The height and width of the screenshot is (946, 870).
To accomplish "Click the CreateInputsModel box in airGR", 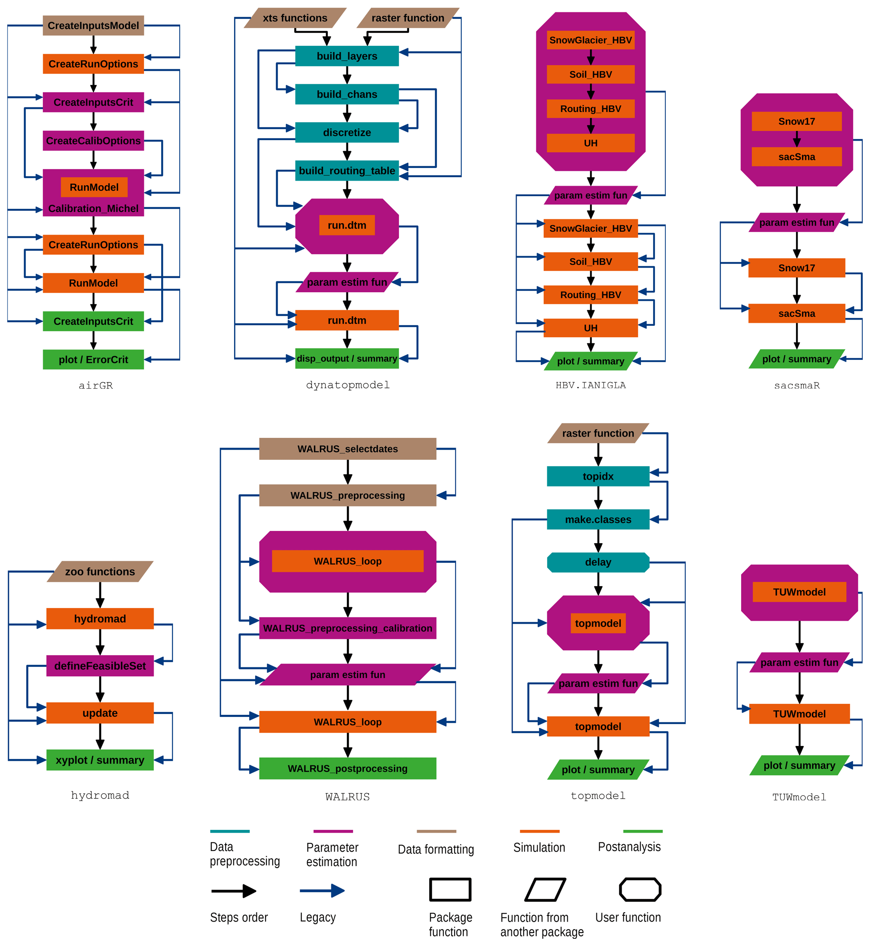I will click(x=93, y=25).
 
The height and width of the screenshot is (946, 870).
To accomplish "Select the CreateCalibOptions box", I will click(x=93, y=141).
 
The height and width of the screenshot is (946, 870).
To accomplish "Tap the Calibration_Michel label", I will click(x=93, y=208).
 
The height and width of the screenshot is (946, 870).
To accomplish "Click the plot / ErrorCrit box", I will click(x=93, y=360).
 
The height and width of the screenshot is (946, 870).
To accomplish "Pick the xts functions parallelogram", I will click(x=295, y=18).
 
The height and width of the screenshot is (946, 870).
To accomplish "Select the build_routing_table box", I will click(x=347, y=171).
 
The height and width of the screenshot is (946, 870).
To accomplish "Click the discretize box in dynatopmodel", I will click(x=347, y=132).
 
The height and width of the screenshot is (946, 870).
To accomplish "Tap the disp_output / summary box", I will click(x=347, y=358).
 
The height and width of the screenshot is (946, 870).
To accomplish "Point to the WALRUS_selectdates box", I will click(x=347, y=449).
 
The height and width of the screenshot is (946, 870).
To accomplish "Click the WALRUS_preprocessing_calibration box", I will click(x=347, y=628).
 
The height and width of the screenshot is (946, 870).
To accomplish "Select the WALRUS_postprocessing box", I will click(x=347, y=768).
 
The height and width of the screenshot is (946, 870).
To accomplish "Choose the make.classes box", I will click(x=598, y=520).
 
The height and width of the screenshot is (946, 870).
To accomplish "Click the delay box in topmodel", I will click(x=598, y=562).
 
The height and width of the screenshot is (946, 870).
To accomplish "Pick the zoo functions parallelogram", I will click(x=100, y=572).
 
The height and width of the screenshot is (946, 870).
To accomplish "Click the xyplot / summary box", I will click(x=100, y=760).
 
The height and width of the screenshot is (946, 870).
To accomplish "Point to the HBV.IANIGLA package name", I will click(x=591, y=385).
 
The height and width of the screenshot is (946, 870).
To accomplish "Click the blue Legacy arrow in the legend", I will click(x=322, y=890).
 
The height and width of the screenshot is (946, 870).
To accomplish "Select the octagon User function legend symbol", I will click(x=640, y=890).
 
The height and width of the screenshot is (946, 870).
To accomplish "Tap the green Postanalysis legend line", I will click(x=643, y=831).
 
